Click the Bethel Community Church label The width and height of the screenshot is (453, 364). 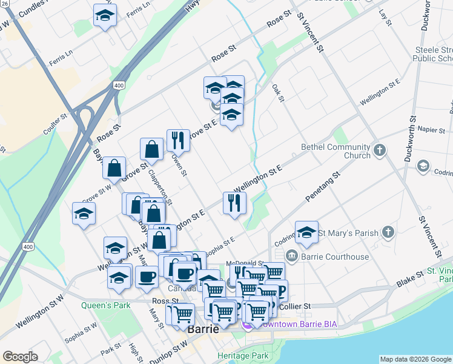(336, 151)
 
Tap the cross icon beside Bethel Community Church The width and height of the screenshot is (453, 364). (380, 150)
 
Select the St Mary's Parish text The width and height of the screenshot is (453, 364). (348, 232)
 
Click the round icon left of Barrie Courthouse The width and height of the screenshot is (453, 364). (292, 256)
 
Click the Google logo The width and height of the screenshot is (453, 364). (20, 357)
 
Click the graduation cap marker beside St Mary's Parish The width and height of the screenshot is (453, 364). (307, 232)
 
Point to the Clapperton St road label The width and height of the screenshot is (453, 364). (160, 187)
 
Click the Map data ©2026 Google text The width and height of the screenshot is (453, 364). (415, 359)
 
